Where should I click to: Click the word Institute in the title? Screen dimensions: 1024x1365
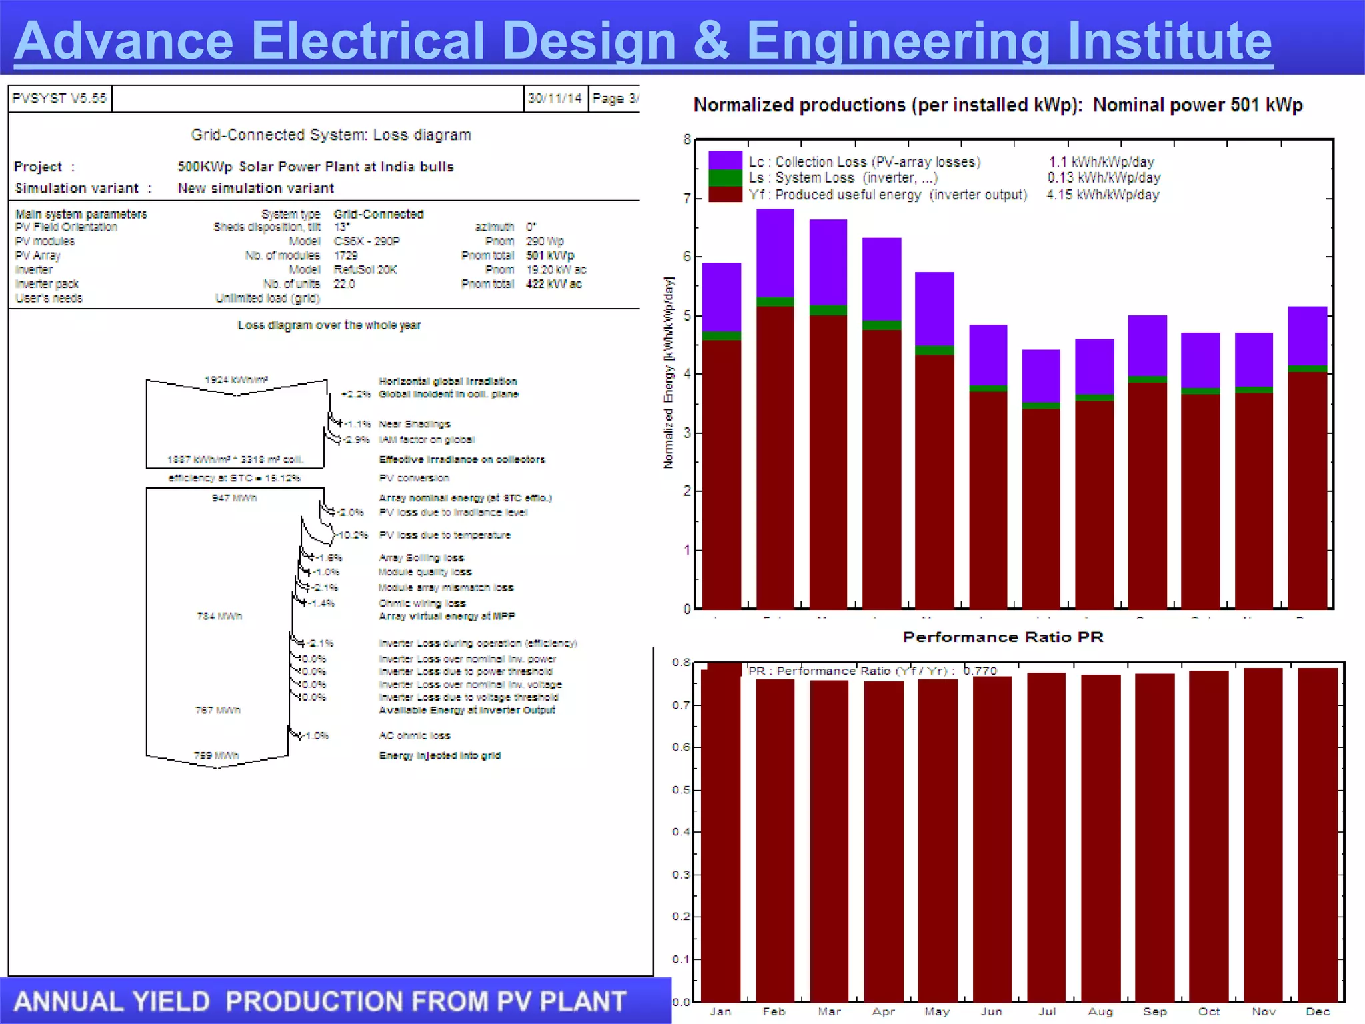(1169, 41)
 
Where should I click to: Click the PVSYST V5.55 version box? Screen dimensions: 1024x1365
(59, 99)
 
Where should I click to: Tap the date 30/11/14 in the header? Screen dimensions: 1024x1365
(555, 99)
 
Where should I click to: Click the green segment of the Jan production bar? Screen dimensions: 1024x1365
(722, 336)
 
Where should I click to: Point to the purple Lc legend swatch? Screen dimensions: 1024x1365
(725, 160)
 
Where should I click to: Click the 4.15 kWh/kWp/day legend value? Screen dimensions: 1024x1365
(1102, 195)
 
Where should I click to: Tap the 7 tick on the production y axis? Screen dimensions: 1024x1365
(686, 198)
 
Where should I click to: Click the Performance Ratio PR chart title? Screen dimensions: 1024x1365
(1002, 637)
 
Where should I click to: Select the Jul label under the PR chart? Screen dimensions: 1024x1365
(1047, 1011)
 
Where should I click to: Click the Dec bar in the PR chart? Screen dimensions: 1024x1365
(1318, 833)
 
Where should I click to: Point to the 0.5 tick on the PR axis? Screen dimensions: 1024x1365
(681, 790)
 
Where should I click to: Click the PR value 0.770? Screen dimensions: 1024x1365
(980, 671)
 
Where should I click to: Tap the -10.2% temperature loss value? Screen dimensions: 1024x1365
(353, 535)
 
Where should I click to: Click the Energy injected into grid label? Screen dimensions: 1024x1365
(439, 755)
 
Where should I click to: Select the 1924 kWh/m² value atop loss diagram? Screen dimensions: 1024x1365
(236, 379)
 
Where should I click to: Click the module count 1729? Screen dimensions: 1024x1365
(345, 255)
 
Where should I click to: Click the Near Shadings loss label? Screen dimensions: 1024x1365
(414, 424)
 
